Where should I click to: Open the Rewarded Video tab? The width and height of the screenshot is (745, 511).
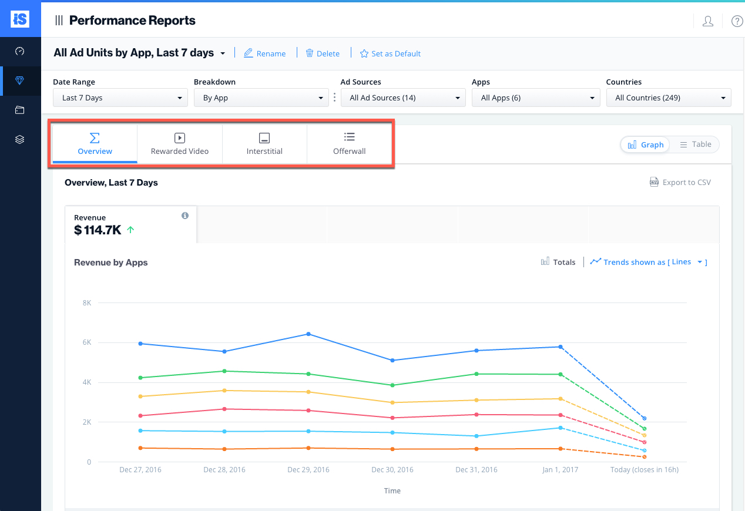[180, 144]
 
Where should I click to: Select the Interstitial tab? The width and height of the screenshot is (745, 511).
[264, 144]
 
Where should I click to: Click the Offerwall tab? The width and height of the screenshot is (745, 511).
[349, 144]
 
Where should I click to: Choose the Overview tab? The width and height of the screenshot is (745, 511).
[95, 144]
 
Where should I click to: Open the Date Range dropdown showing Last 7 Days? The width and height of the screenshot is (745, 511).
[120, 98]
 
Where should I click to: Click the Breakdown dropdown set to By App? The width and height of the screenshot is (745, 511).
[261, 98]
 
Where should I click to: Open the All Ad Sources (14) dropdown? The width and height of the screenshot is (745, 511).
[403, 98]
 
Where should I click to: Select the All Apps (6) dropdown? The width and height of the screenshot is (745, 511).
[533, 98]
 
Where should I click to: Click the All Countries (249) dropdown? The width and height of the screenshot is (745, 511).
[669, 98]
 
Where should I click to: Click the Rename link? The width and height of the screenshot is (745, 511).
[264, 53]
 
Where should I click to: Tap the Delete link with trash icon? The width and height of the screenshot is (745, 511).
[323, 53]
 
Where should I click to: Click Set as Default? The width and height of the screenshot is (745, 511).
[390, 53]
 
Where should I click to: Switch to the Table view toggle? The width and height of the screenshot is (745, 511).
[695, 144]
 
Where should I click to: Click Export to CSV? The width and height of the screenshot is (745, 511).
[680, 182]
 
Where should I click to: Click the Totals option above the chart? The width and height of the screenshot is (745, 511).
[558, 262]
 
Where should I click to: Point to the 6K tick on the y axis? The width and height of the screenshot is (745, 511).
[86, 342]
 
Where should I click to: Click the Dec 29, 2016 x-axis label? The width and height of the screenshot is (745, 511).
[308, 470]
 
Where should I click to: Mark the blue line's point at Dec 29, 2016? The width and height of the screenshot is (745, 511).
[308, 334]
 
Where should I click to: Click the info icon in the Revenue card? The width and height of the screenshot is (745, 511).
[185, 216]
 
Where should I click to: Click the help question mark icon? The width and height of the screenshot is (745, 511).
[737, 21]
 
